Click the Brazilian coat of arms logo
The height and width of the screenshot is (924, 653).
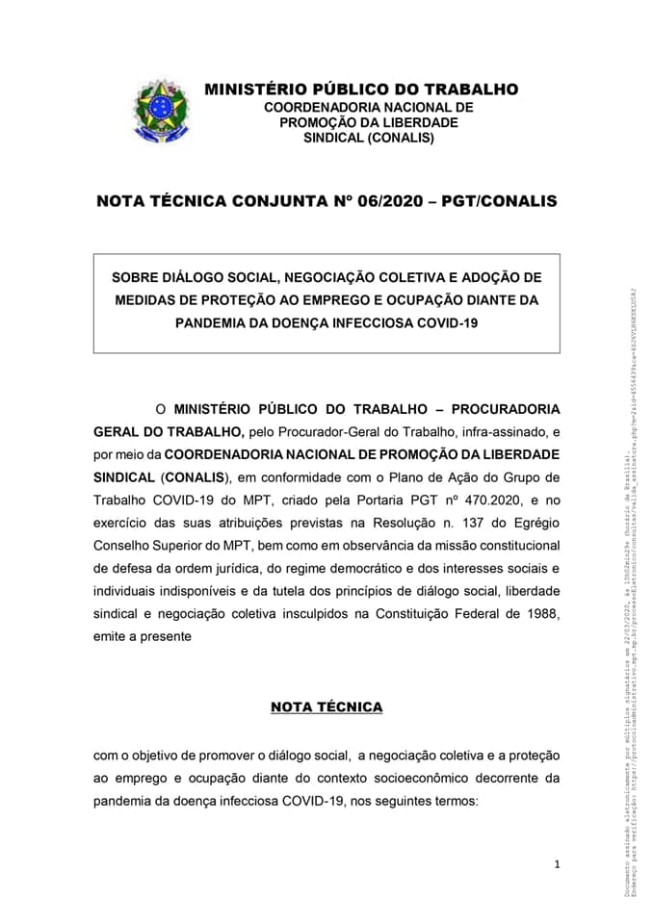pos(161,111)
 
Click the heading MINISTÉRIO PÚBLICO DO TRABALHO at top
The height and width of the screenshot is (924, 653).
pos(361,90)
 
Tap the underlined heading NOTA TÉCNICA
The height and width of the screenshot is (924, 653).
pos(326,707)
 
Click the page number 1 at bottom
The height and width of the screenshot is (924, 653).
pos(557,864)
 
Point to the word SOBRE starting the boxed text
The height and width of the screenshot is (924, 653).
pos(136,277)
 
